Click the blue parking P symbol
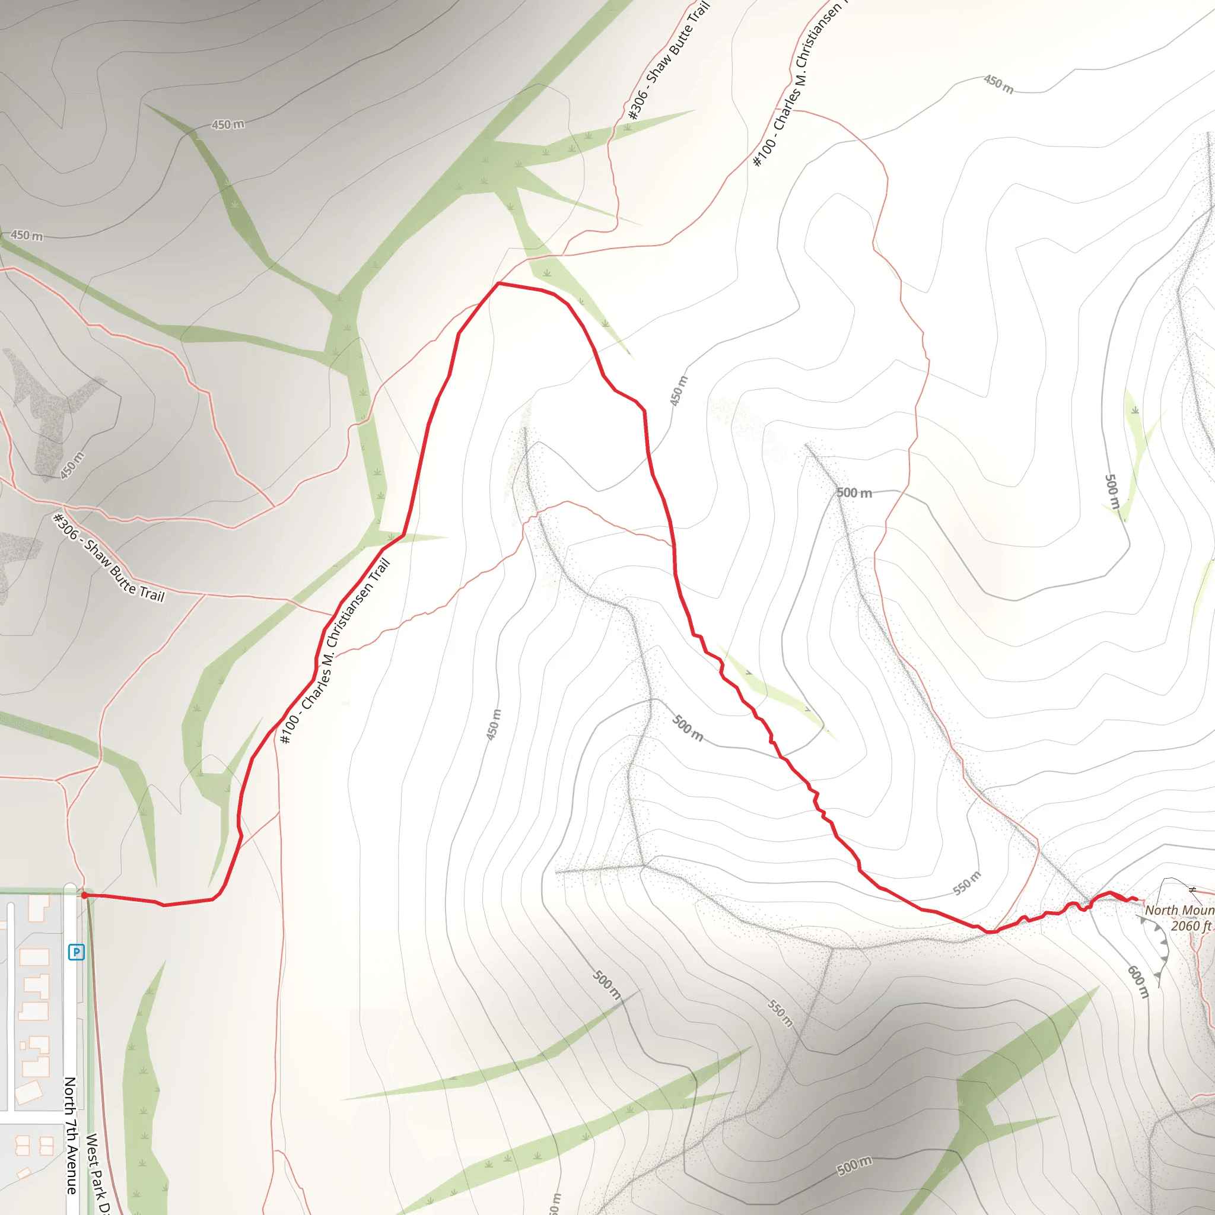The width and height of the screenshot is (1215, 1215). tap(76, 952)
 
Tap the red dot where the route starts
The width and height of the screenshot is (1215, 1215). tap(84, 895)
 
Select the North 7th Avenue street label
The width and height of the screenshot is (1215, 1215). tap(71, 1135)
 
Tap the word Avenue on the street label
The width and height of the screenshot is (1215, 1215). tap(71, 1170)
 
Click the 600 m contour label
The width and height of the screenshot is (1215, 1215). tap(1138, 982)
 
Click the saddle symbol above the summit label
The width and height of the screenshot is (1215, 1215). tap(1192, 890)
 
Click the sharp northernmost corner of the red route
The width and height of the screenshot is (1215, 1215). tap(499, 284)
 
